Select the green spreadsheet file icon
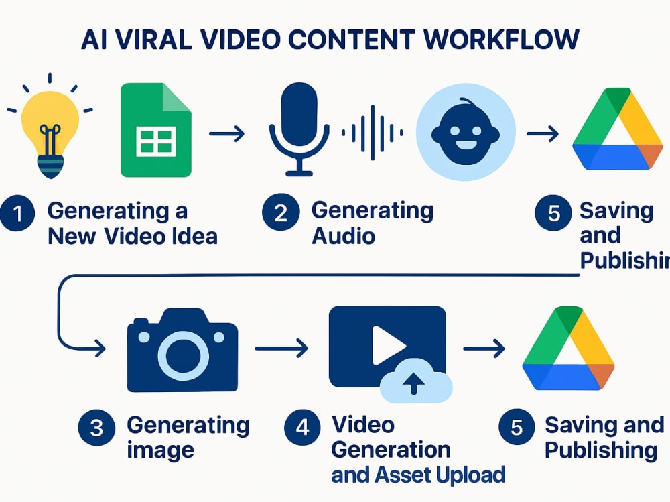coord(156,130)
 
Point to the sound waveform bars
coord(372,133)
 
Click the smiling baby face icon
coord(466,132)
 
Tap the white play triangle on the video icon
coord(388,345)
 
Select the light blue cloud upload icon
coord(416,381)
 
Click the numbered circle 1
coord(17,213)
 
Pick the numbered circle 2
coord(281,212)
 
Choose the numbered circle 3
coord(96,428)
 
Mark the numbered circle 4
coord(303,427)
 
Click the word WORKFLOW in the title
coord(501,40)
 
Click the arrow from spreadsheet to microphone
coord(226,134)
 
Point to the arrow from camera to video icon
coord(281,349)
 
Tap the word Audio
coord(344,236)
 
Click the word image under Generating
coord(161,450)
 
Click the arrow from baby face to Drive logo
coord(543,134)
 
